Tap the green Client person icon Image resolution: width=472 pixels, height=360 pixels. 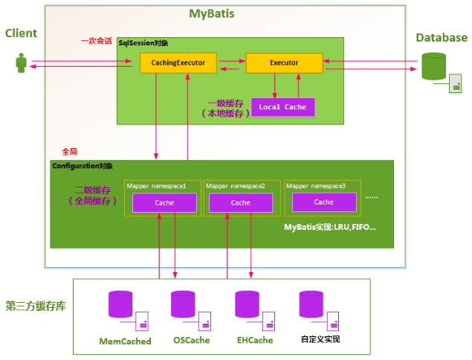click(x=21, y=63)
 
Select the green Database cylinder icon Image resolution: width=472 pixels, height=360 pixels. click(x=434, y=66)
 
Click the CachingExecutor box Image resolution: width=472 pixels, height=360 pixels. click(x=178, y=63)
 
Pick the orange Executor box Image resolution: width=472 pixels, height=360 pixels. click(x=283, y=63)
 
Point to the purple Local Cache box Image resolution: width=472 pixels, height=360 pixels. click(x=282, y=107)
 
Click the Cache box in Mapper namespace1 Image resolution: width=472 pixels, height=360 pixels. click(x=164, y=202)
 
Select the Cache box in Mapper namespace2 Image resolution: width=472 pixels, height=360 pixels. click(x=241, y=202)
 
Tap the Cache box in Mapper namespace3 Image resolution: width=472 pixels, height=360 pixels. click(x=323, y=202)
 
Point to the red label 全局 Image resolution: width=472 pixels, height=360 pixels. click(x=70, y=151)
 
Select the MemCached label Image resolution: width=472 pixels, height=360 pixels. click(x=125, y=341)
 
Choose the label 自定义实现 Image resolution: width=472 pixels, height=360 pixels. click(x=320, y=340)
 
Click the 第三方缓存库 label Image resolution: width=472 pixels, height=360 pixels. click(x=35, y=306)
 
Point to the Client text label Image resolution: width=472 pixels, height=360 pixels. click(x=21, y=33)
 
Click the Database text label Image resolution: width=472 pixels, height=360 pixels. click(x=442, y=38)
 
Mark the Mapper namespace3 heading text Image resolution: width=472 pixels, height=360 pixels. click(x=316, y=186)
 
